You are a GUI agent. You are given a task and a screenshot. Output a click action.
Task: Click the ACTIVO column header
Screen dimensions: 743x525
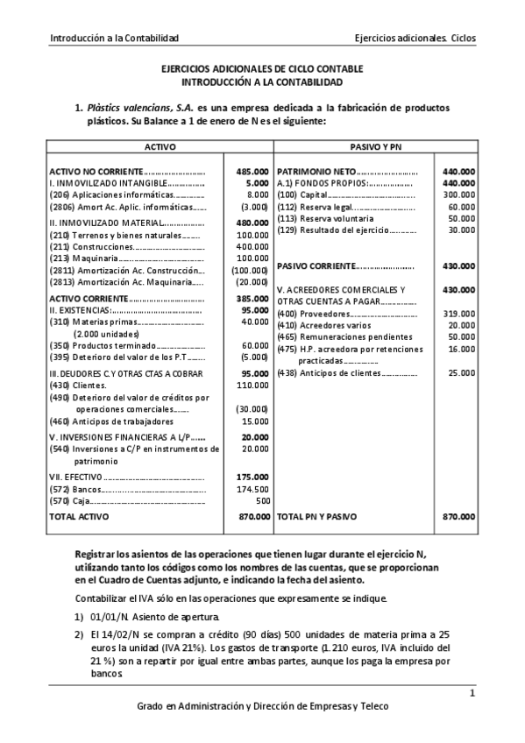pyautogui.click(x=160, y=146)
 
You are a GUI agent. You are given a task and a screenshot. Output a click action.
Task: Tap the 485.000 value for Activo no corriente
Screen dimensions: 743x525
pyautogui.click(x=252, y=171)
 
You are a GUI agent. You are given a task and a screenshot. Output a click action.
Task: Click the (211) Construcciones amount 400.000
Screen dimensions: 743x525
pyautogui.click(x=252, y=248)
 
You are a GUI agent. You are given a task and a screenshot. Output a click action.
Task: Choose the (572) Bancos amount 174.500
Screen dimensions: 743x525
pyautogui.click(x=252, y=489)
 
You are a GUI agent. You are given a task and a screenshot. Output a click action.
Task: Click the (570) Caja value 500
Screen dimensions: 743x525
pyautogui.click(x=262, y=501)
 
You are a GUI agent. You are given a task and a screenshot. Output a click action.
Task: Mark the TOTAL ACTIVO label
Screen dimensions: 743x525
pyautogui.click(x=79, y=518)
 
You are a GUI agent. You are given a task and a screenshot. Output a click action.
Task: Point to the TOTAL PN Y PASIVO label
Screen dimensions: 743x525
pyautogui.click(x=317, y=518)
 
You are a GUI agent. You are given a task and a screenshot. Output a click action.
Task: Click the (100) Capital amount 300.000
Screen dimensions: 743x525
pyautogui.click(x=460, y=195)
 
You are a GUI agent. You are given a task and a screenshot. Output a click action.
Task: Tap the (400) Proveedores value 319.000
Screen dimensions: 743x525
pyautogui.click(x=460, y=314)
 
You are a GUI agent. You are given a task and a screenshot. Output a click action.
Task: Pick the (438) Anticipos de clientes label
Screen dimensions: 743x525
pyautogui.click(x=334, y=373)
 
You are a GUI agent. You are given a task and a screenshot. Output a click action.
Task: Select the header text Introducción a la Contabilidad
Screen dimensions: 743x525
pyautogui.click(x=115, y=39)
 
